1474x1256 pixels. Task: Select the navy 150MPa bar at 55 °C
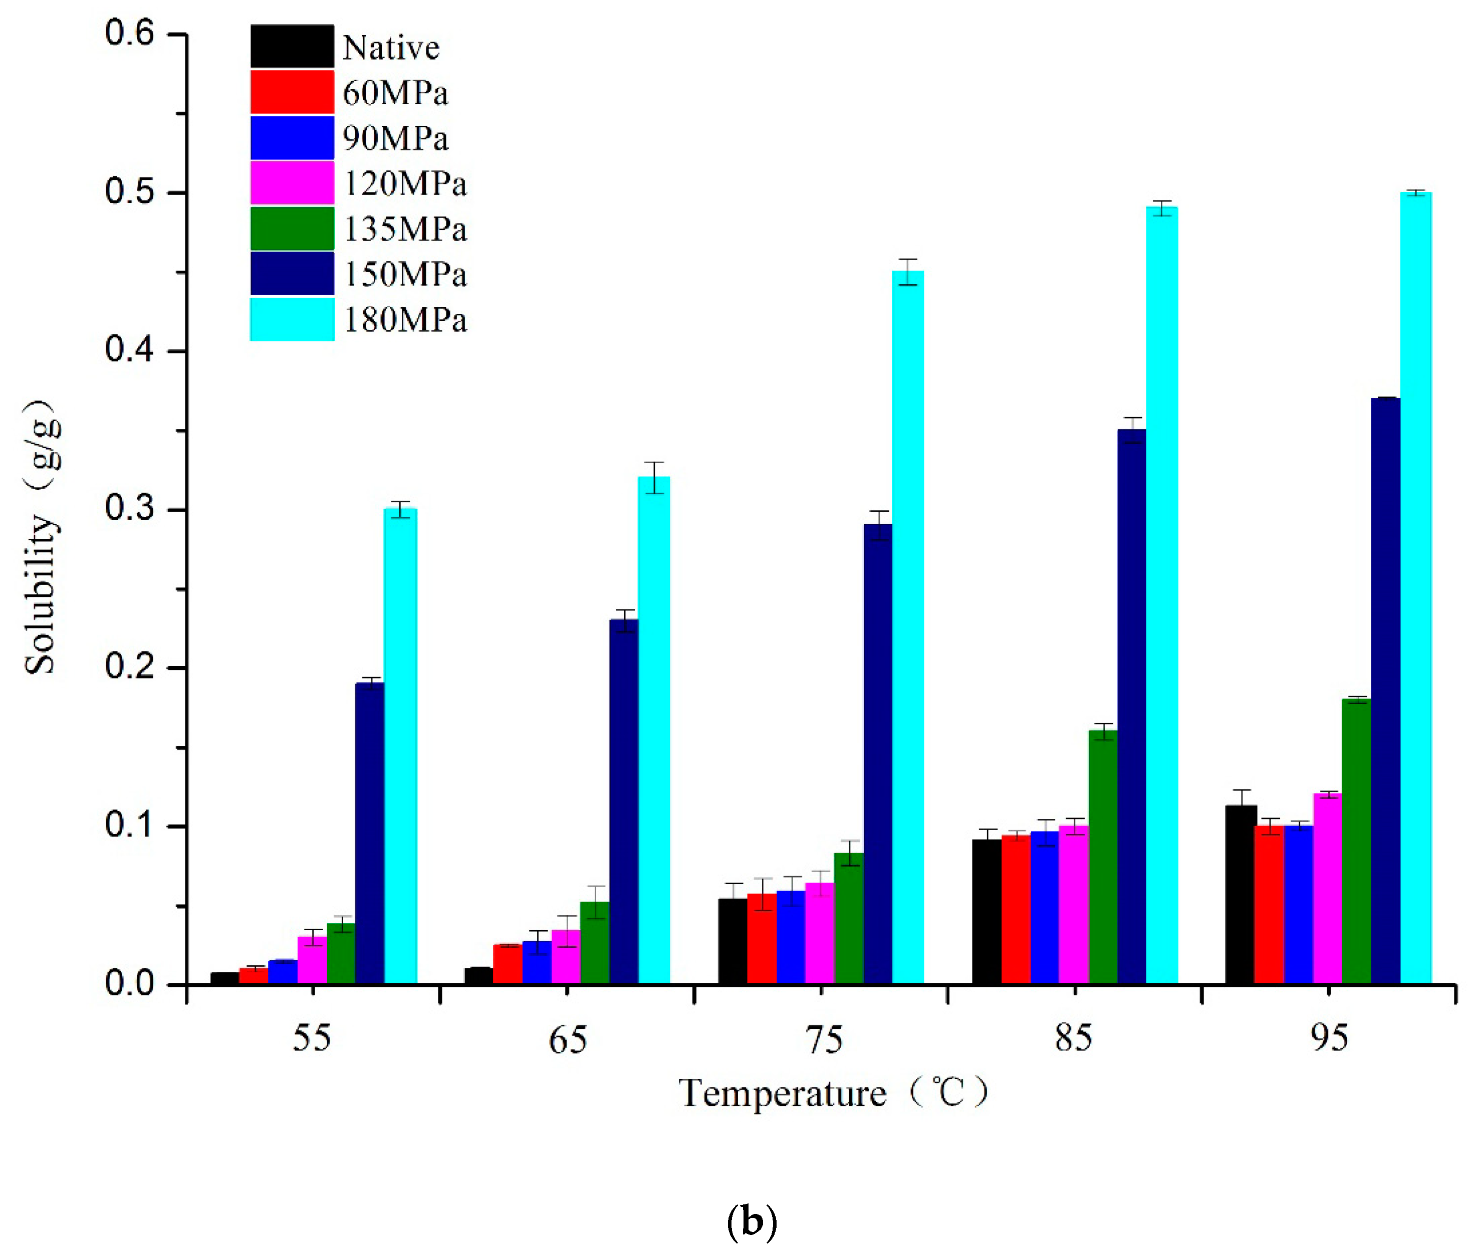click(x=369, y=832)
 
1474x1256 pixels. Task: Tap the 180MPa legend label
click(x=405, y=320)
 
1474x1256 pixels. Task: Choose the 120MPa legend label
click(x=405, y=183)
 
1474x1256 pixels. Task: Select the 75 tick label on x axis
click(x=825, y=1039)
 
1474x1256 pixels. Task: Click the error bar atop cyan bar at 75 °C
click(x=908, y=271)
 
